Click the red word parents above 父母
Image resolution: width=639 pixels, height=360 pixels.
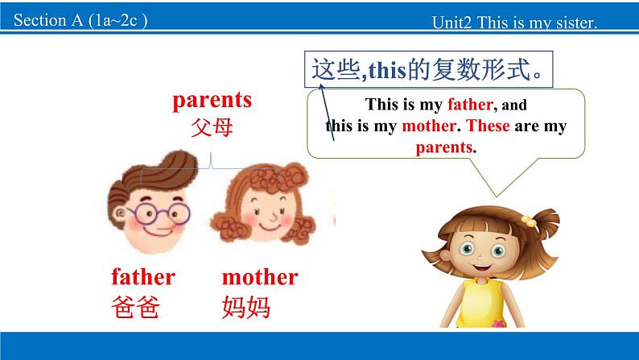click(x=212, y=100)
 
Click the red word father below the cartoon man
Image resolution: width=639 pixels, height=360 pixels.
click(x=143, y=277)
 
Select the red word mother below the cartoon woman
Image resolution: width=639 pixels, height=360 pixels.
click(x=259, y=277)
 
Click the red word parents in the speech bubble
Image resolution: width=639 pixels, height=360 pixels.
click(x=443, y=147)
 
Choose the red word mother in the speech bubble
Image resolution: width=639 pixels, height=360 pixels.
click(x=429, y=126)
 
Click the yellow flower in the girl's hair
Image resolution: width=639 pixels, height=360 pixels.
click(x=529, y=219)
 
